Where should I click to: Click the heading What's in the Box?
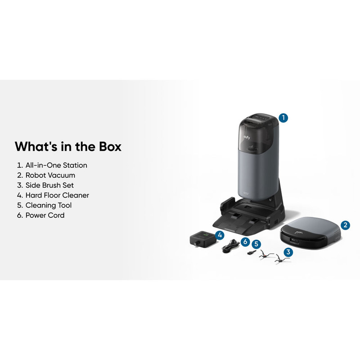point(68,147)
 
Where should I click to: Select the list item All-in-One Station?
point(52,165)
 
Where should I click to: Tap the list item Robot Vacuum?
point(46,175)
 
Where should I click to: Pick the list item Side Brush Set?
point(45,185)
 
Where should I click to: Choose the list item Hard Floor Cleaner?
point(53,195)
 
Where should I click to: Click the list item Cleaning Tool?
point(44,205)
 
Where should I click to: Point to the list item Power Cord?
point(41,215)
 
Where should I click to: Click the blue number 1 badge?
point(283,118)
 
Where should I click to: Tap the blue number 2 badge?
point(345,225)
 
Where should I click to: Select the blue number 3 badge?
point(288,252)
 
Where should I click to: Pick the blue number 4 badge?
point(220,235)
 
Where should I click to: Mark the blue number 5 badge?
point(256,244)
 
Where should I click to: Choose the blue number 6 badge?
point(245,242)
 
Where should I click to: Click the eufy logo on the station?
point(247,138)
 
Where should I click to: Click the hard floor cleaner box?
point(203,239)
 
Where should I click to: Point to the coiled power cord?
point(230,246)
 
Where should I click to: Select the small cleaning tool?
point(252,252)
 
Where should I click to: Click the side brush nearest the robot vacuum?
point(283,260)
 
